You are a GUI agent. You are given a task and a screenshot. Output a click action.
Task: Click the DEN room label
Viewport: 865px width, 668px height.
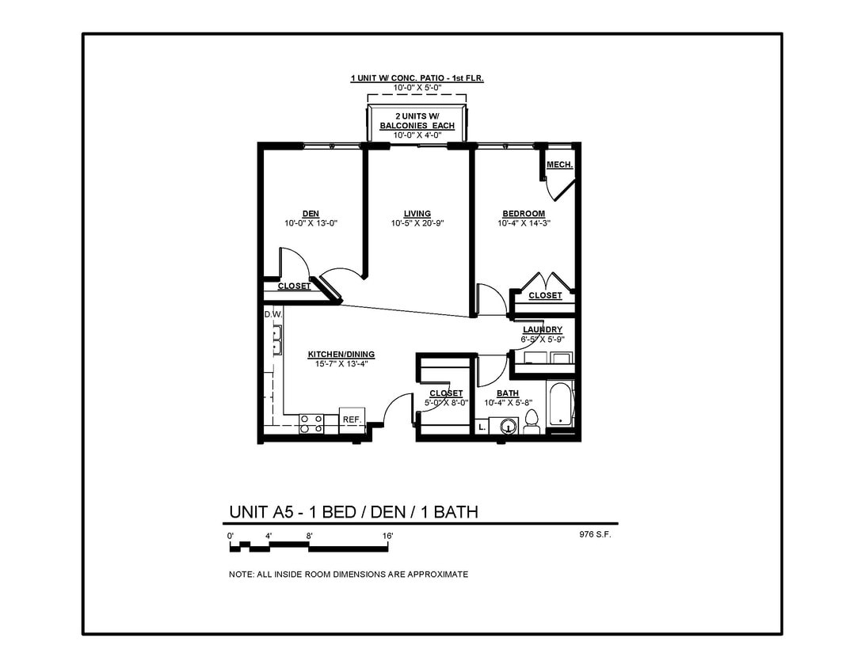311,214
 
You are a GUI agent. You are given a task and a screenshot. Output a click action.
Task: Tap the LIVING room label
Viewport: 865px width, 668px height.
417,214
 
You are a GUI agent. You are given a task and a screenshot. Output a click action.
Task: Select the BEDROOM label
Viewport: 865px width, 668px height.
524,214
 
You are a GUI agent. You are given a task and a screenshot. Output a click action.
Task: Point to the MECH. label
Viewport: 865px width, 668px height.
559,165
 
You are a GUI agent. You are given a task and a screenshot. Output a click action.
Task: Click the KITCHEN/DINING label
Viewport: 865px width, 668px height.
341,355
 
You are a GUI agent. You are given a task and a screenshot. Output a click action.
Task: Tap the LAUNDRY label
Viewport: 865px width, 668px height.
543,329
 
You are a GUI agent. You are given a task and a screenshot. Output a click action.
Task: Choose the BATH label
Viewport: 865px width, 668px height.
508,393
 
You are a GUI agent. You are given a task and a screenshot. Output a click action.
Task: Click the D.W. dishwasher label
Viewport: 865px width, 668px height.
272,315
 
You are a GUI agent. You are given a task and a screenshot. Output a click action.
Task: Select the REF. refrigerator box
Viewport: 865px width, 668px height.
352,419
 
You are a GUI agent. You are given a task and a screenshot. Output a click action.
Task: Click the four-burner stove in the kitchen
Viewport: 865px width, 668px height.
311,423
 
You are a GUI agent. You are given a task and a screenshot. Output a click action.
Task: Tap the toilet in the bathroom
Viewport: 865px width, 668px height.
532,422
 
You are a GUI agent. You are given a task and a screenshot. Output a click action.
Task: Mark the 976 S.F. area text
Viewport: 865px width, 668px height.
595,534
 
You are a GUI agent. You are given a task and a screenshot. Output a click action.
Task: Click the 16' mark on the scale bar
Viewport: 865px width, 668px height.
387,537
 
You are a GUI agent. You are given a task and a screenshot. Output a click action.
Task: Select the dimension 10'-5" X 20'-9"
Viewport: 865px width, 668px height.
417,223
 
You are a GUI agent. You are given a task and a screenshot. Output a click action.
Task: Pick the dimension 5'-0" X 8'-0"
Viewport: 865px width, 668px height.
446,402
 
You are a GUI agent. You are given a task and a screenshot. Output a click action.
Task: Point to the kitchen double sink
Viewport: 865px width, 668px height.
277,342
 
